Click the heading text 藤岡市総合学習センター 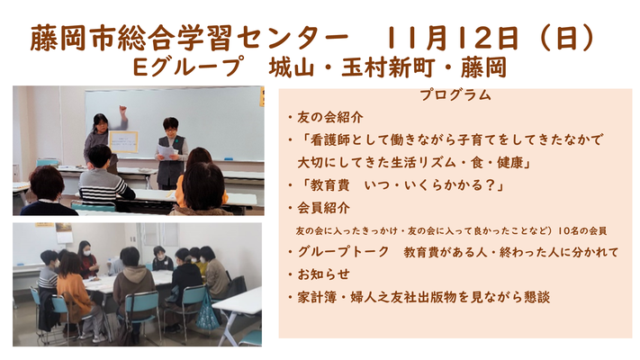point(189,38)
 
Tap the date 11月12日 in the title point(452,38)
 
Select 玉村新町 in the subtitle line point(387,67)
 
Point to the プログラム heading point(455,95)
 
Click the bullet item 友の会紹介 point(329,118)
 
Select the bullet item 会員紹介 point(323,208)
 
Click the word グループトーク point(343,252)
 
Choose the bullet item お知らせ point(323,274)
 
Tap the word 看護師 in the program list point(329,140)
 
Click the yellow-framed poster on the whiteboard point(123,142)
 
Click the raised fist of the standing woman point(122,110)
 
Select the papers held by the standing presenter point(167,151)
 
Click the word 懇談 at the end point(536,297)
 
